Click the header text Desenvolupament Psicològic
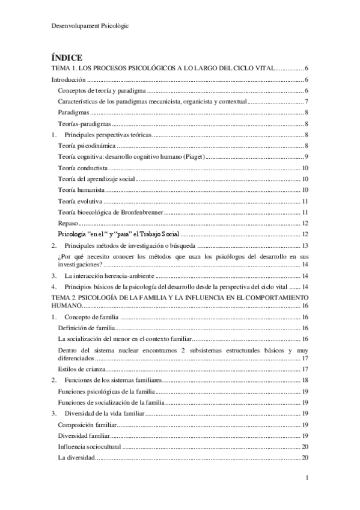tap(90, 26)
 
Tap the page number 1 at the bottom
tap(307, 478)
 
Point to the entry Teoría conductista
tap(83, 168)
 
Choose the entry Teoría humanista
tap(81, 190)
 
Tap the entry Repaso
tap(68, 223)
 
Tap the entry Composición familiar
tap(87, 425)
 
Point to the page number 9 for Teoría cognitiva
tap(307, 156)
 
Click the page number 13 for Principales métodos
tap(305, 245)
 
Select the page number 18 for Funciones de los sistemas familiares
tap(305, 380)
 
